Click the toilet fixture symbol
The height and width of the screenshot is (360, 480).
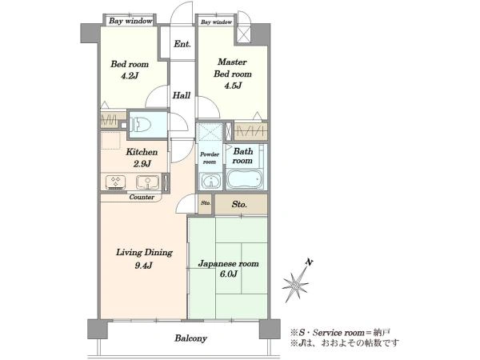141,125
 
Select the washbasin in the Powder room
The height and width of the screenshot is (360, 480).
210,181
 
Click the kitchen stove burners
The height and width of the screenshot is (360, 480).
115,182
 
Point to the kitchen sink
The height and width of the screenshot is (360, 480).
148,182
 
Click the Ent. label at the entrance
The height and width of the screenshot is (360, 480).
182,44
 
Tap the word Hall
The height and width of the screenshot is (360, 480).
182,95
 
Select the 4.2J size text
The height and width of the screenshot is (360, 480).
130,76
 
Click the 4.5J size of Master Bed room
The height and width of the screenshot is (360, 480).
233,86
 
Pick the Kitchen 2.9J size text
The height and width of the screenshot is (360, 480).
142,164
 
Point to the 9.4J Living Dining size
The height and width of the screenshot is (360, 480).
143,266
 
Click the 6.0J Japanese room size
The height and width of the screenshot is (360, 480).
228,274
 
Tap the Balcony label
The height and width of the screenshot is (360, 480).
190,338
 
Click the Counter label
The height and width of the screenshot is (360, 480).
142,197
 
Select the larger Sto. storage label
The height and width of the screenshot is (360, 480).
239,205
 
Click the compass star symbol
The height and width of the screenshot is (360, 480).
295,286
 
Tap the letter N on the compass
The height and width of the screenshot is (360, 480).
310,262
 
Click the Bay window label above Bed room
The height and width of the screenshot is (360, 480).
130,21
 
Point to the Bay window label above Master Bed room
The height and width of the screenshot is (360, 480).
217,22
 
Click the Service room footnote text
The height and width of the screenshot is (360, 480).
341,333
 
